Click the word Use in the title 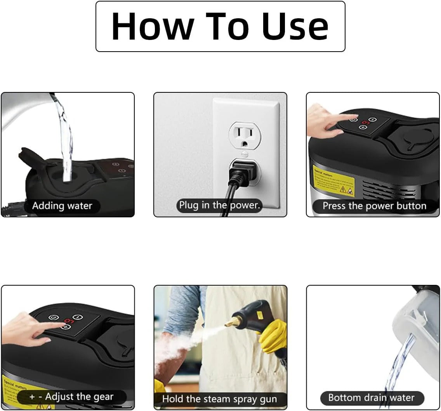click(295, 26)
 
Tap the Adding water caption click(62, 206)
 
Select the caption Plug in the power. click(219, 205)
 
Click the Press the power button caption click(374, 206)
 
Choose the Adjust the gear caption click(72, 397)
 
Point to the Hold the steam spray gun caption click(220, 399)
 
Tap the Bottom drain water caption click(371, 398)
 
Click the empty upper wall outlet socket click(245, 136)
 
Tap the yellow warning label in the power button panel click(334, 180)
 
